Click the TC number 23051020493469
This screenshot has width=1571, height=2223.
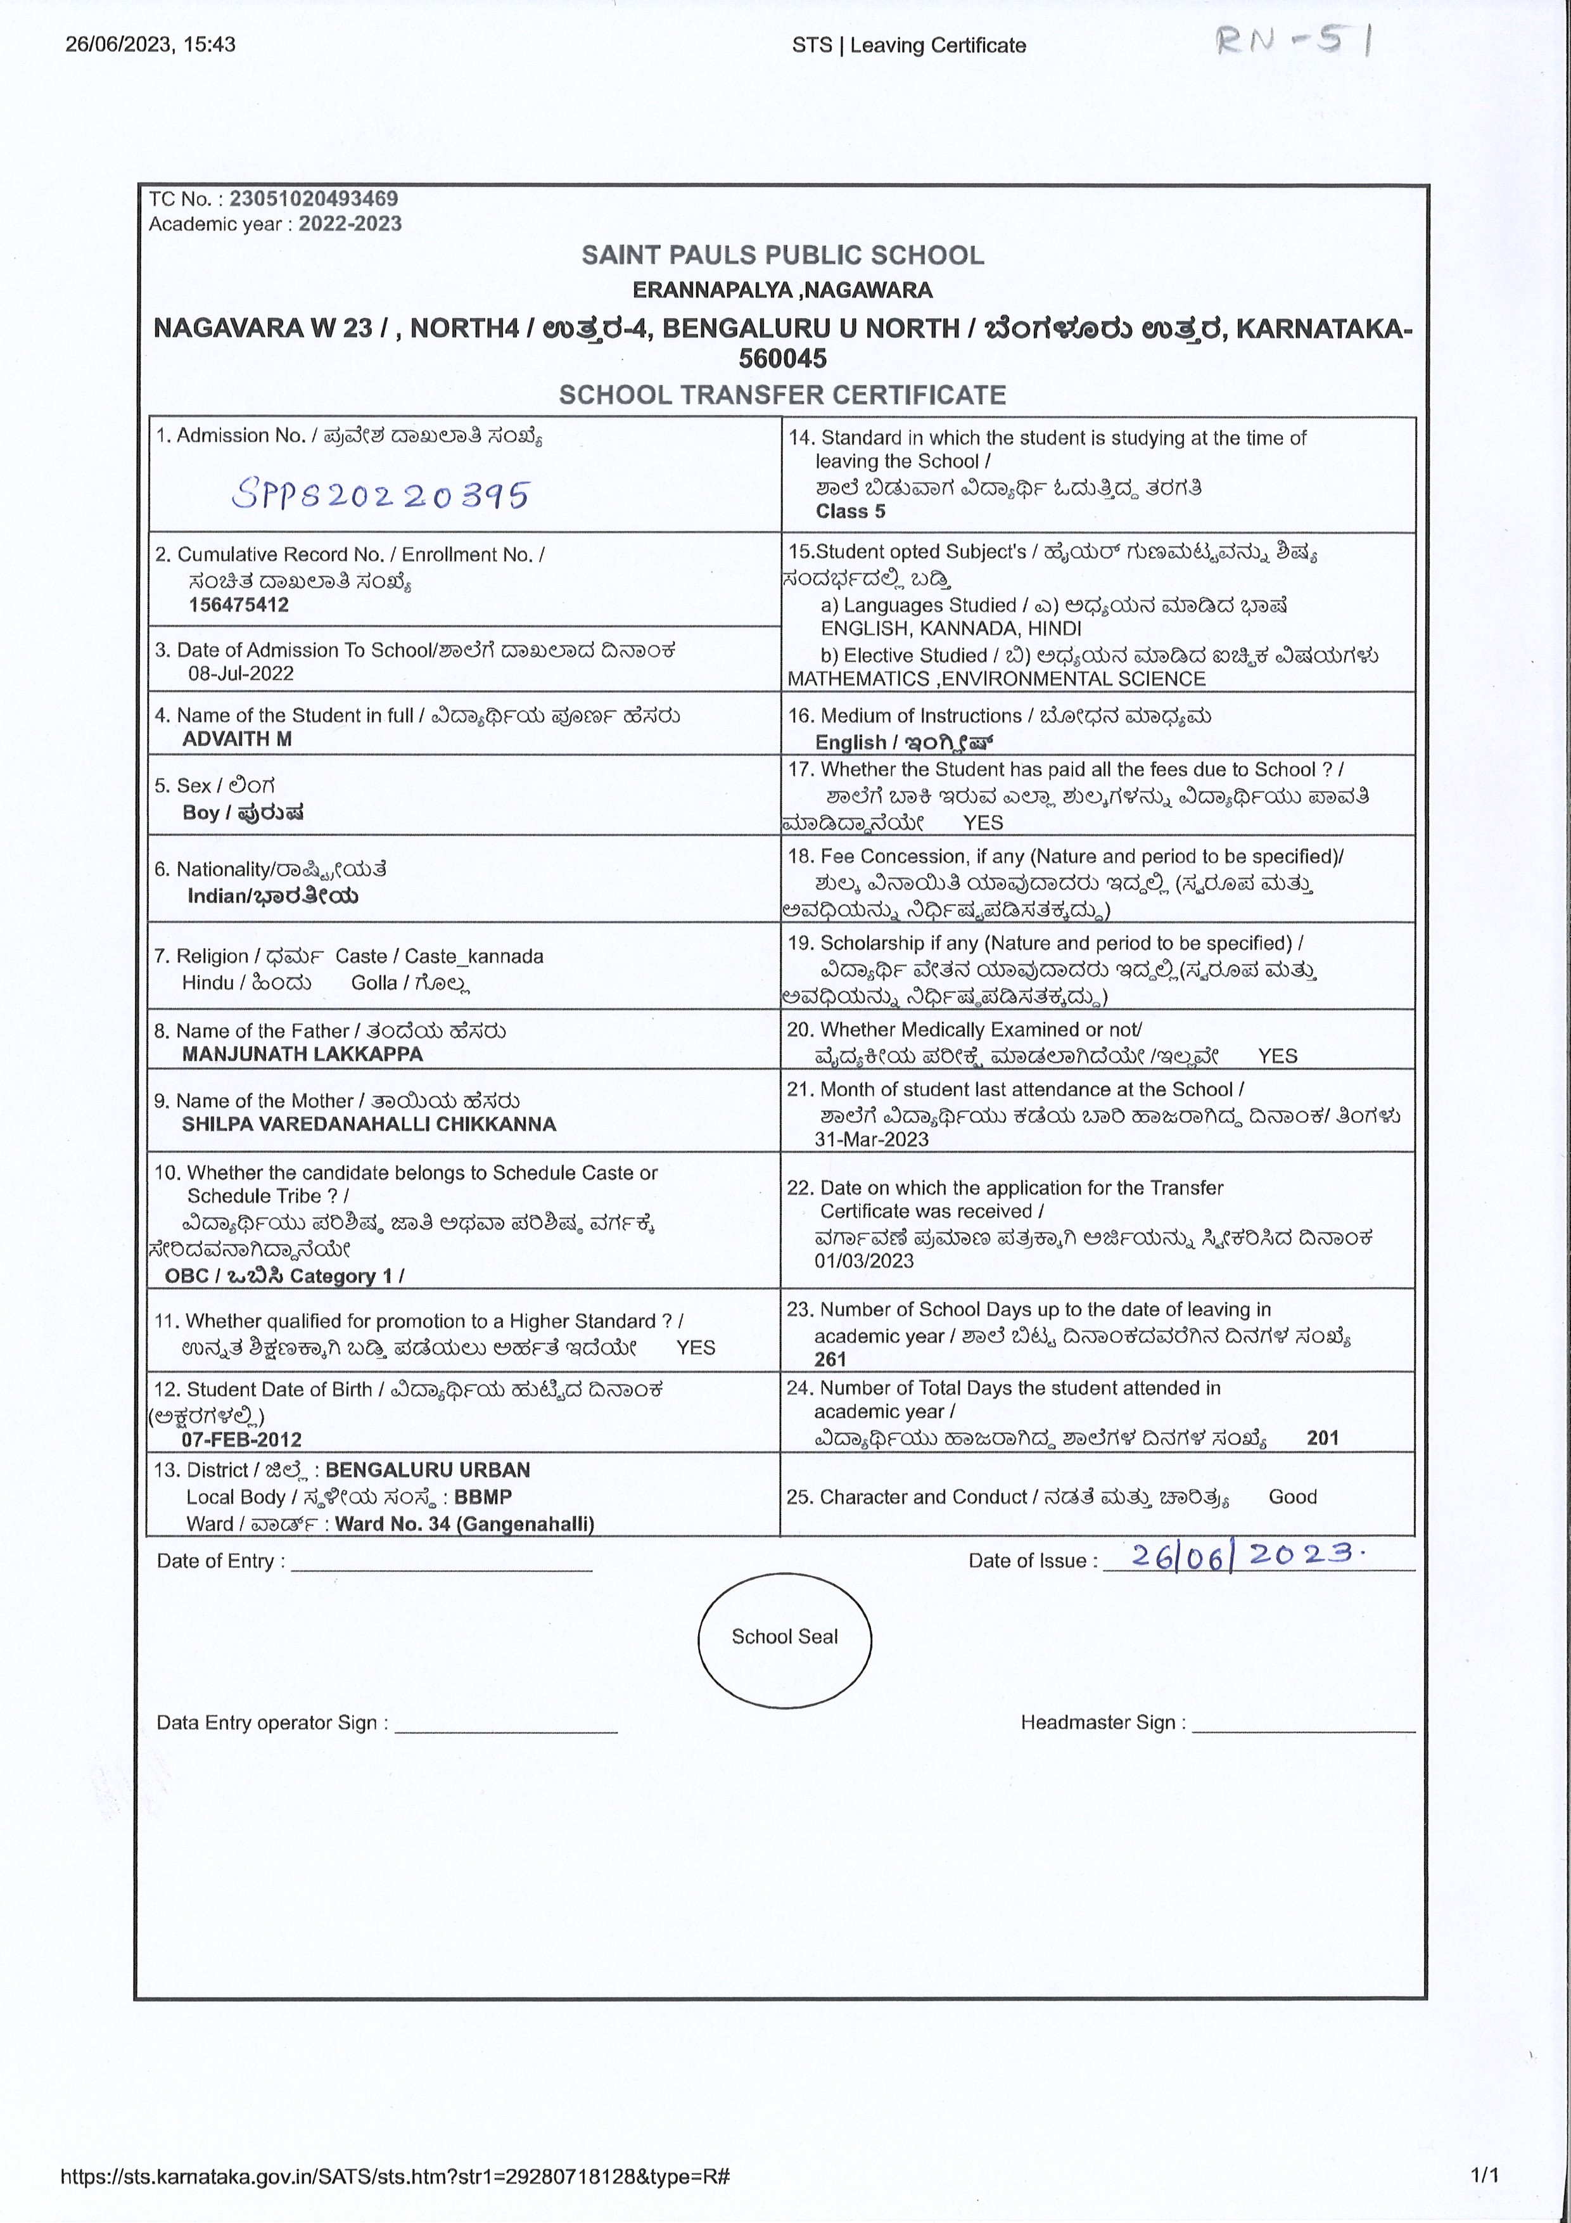(x=313, y=198)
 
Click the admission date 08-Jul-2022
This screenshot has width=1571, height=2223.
(x=241, y=674)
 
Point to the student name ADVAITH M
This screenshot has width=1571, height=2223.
(x=236, y=739)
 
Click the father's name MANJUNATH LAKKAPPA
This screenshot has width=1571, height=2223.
(x=302, y=1054)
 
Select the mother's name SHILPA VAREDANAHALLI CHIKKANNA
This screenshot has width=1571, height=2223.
(x=369, y=1124)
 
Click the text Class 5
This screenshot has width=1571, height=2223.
(x=850, y=511)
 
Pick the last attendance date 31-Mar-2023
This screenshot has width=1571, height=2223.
(x=871, y=1139)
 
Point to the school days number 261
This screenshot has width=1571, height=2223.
(x=830, y=1359)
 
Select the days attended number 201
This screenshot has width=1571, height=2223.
(x=1322, y=1438)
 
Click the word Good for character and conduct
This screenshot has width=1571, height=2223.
(x=1292, y=1497)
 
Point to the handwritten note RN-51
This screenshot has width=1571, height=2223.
(x=1292, y=41)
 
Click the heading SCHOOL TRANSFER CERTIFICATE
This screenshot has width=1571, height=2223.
(x=782, y=395)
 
